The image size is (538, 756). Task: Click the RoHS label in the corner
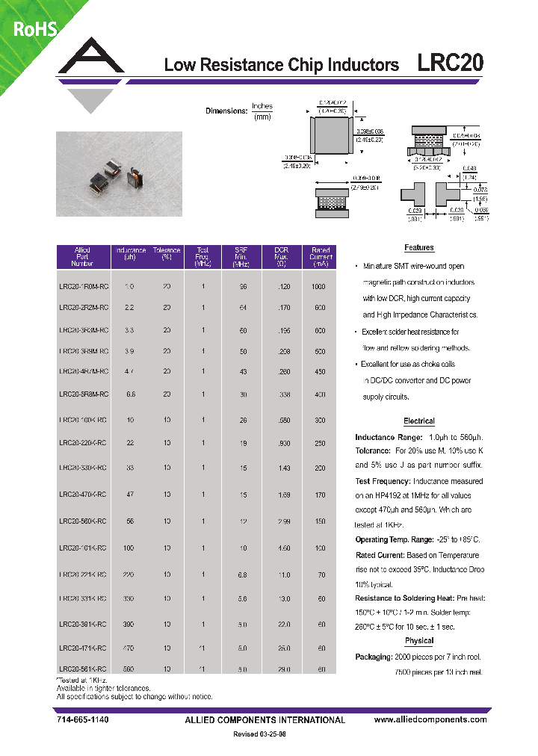[x=33, y=28]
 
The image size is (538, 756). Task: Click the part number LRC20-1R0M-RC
[x=83, y=287]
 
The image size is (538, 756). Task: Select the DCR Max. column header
[x=281, y=257]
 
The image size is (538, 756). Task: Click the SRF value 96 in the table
[x=242, y=287]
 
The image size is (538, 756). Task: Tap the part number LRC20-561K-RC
[x=83, y=669]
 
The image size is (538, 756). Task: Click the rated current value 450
[x=320, y=371]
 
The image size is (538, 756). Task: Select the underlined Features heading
[x=418, y=248]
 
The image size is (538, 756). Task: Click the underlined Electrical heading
[x=418, y=421]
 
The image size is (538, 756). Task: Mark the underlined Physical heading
[x=418, y=641]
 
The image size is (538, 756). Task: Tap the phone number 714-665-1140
[x=81, y=720]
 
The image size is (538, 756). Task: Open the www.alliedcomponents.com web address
[x=430, y=720]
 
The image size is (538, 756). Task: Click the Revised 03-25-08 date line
[x=259, y=735]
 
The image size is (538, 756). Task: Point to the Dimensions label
[x=226, y=111]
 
